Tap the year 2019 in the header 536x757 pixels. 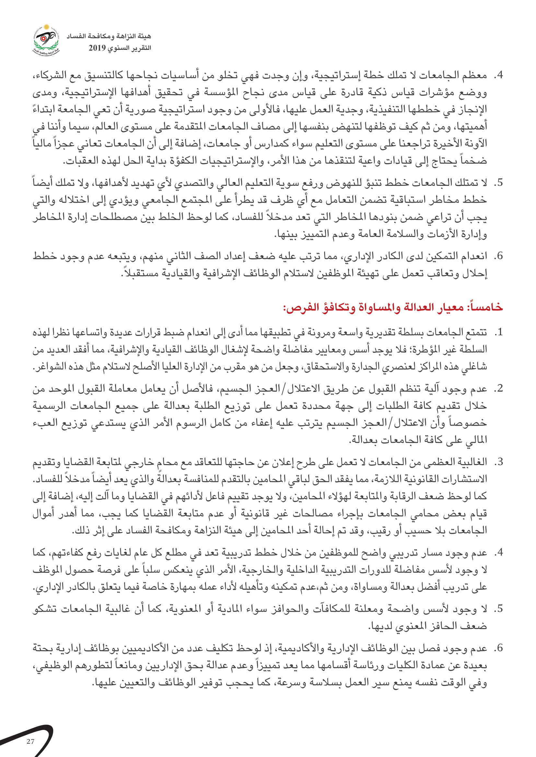(97, 48)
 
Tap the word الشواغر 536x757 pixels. (50, 367)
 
